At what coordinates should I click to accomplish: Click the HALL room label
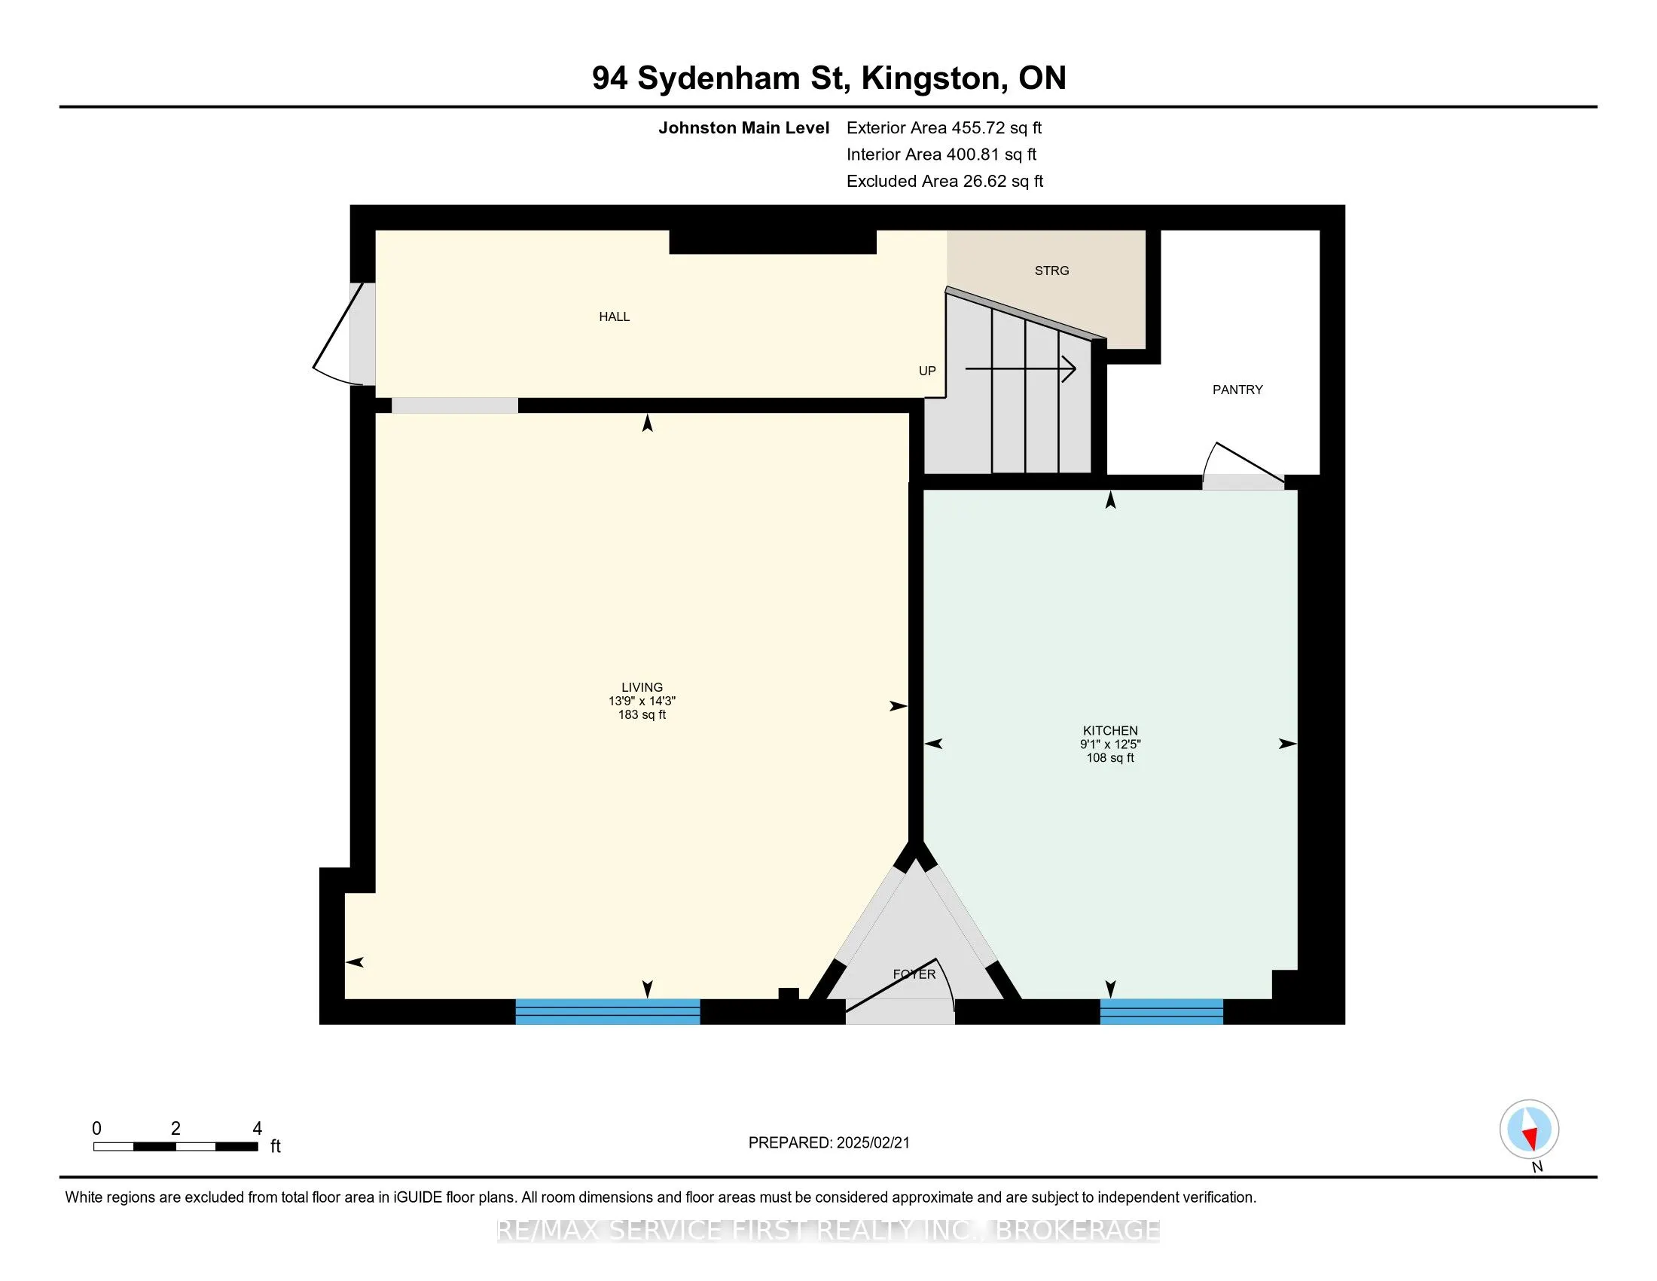pyautogui.click(x=614, y=316)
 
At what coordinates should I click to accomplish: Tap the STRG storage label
pyautogui.click(x=1051, y=271)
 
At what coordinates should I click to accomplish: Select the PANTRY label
pyautogui.click(x=1237, y=390)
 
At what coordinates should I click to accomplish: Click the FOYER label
pyautogui.click(x=914, y=974)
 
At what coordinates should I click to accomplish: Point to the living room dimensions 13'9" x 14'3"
pyautogui.click(x=641, y=702)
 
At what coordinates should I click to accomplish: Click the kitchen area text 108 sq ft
pyautogui.click(x=1109, y=757)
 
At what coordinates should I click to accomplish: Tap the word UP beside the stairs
pyautogui.click(x=926, y=370)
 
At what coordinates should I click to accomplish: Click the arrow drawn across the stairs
pyautogui.click(x=1020, y=369)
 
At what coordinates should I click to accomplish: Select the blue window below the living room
pyautogui.click(x=607, y=1011)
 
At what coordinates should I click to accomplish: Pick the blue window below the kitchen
pyautogui.click(x=1161, y=1011)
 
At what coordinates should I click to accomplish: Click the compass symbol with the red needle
pyautogui.click(x=1529, y=1129)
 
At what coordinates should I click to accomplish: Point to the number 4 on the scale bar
pyautogui.click(x=257, y=1129)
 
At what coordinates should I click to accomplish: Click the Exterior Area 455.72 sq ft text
pyautogui.click(x=944, y=127)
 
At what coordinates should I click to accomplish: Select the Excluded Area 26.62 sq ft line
pyautogui.click(x=944, y=181)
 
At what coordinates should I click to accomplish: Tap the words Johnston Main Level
pyautogui.click(x=743, y=127)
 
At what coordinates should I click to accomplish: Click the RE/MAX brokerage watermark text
pyautogui.click(x=828, y=1231)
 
